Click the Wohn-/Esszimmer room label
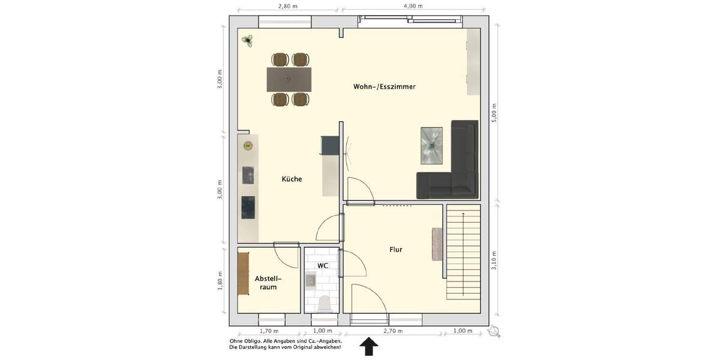(x=384, y=87)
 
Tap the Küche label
(x=292, y=179)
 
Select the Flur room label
(x=395, y=250)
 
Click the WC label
(x=322, y=265)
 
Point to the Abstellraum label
(x=268, y=283)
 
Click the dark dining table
(x=290, y=79)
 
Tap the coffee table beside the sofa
(x=432, y=145)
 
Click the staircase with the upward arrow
(x=464, y=252)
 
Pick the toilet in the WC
(x=325, y=303)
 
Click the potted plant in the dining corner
(x=247, y=40)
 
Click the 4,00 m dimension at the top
(x=413, y=6)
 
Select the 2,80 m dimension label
(x=288, y=6)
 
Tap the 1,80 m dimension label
(x=220, y=281)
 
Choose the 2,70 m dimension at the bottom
(x=394, y=331)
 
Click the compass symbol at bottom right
(x=495, y=331)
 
